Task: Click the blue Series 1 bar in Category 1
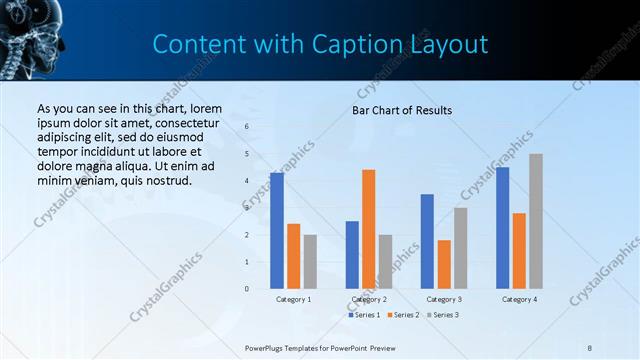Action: [277, 231]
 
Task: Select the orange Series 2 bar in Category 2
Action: [368, 229]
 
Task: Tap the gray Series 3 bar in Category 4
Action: [536, 221]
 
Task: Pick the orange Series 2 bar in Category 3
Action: [444, 264]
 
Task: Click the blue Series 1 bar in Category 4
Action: [502, 228]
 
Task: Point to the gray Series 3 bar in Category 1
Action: [310, 262]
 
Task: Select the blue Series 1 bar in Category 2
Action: [352, 255]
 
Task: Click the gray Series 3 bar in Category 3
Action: [460, 248]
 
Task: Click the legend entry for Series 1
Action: [364, 315]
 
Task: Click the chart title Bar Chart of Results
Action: [402, 110]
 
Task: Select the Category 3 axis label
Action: [443, 299]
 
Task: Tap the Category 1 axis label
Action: [293, 299]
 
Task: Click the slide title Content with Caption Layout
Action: [320, 44]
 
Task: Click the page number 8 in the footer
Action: [590, 347]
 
